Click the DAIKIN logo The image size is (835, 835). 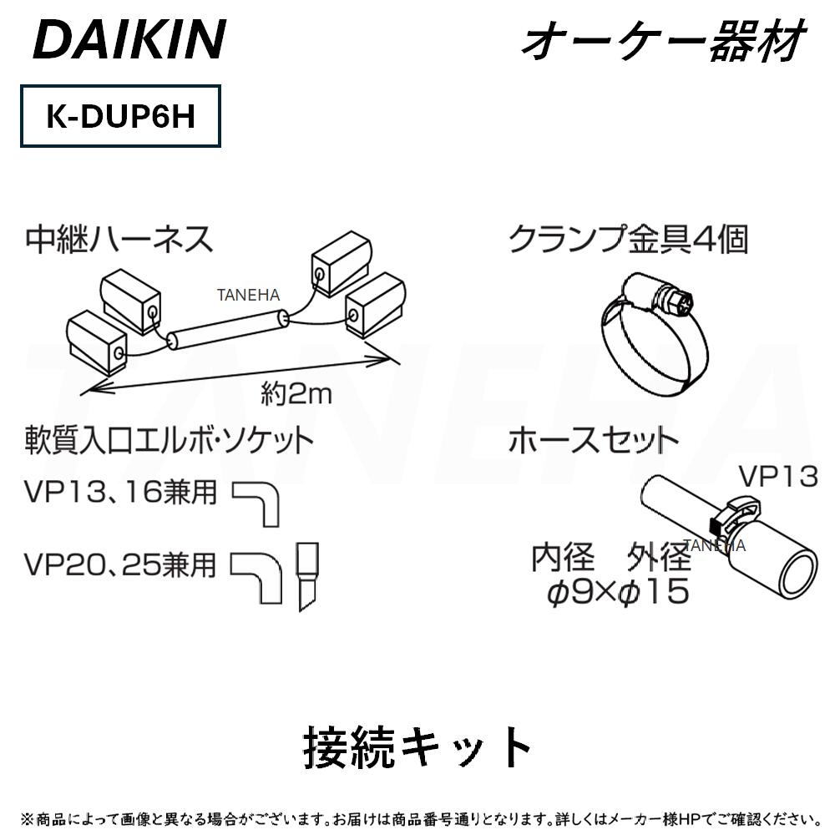coord(129,39)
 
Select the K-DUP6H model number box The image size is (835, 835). coord(120,116)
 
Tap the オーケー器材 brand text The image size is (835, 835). coord(662,39)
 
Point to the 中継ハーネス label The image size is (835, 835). coord(119,239)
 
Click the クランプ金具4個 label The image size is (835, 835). coord(628,239)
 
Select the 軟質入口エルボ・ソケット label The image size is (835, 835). coord(170,439)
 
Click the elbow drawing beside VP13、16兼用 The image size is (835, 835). coord(260,501)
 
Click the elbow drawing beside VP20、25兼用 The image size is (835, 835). coord(260,575)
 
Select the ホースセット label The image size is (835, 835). coord(593,439)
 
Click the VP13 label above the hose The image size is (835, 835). coord(777,477)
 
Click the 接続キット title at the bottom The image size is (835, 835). coord(417,746)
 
